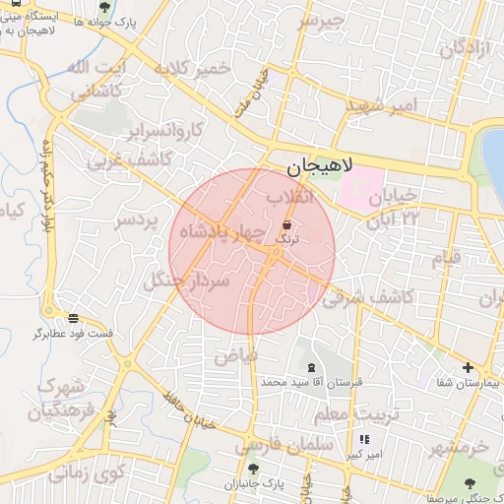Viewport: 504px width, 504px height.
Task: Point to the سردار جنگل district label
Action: tap(186, 282)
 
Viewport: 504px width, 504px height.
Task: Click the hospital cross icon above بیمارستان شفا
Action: tap(469, 367)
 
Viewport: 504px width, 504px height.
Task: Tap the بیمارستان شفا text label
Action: tap(470, 381)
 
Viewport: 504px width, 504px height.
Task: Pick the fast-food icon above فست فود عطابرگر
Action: tap(74, 318)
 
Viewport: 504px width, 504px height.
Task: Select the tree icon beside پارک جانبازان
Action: tap(253, 469)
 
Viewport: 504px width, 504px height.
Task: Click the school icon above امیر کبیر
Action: tap(364, 439)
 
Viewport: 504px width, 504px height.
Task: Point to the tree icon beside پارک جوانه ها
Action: tap(104, 8)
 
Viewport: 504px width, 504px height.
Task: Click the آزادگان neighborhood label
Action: tap(464, 47)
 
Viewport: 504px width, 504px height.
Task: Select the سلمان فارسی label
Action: tap(284, 446)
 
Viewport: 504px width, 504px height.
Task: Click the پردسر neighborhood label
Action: tap(137, 221)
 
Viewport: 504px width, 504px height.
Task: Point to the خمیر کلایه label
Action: tap(190, 68)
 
